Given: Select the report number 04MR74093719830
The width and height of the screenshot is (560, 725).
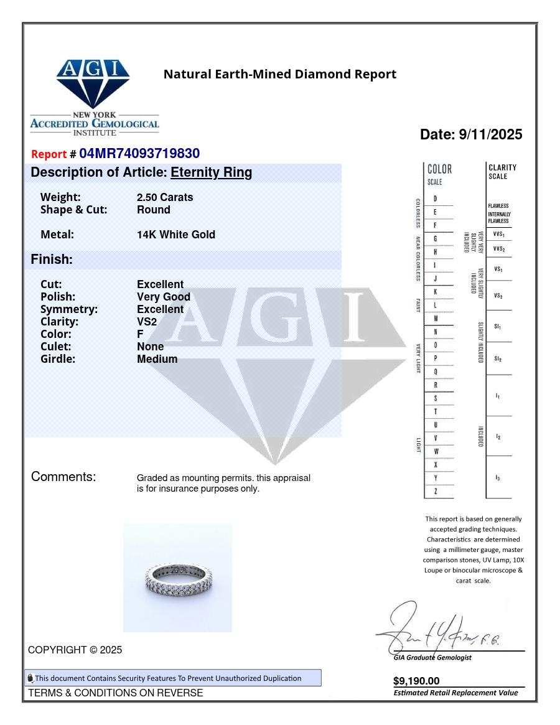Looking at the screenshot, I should click(x=139, y=154).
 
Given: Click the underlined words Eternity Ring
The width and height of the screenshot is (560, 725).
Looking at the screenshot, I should click(x=212, y=172).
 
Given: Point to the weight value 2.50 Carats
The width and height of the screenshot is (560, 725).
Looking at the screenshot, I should click(x=165, y=197).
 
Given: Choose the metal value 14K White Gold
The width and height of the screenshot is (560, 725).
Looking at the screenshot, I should click(x=176, y=235).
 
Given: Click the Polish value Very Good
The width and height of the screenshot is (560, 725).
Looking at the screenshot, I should click(x=164, y=297).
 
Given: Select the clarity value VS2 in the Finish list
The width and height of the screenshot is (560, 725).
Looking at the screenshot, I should click(x=147, y=322).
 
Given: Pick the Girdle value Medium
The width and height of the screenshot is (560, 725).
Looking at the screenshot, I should click(x=157, y=359).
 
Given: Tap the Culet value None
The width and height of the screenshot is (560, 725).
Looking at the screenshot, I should click(x=151, y=347).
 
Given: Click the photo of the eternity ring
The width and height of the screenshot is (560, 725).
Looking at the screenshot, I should click(x=177, y=578).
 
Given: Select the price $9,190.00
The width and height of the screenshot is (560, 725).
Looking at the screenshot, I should click(x=416, y=681).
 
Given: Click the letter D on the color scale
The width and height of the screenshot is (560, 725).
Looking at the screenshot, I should click(x=435, y=199).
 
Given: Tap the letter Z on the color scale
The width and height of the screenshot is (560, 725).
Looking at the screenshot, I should click(x=435, y=492).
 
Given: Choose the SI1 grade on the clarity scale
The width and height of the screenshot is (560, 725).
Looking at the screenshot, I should click(x=498, y=326).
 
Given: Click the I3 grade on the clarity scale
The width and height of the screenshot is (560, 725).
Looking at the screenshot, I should click(x=498, y=477).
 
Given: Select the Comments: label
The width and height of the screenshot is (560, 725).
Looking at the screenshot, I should click(x=63, y=477).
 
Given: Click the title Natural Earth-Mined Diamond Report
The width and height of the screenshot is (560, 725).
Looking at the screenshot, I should click(x=279, y=75).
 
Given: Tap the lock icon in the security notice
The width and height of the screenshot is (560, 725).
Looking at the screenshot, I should click(x=30, y=678).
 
